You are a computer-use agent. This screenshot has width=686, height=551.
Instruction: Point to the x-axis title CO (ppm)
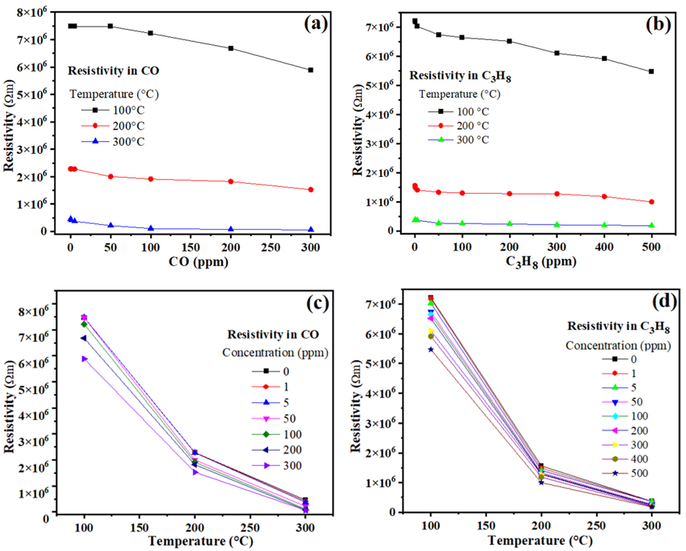[198, 262]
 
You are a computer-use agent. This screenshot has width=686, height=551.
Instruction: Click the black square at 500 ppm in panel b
[651, 72]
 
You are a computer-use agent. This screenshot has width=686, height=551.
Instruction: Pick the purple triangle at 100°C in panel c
[84, 359]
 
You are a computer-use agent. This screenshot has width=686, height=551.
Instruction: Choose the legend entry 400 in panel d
[639, 459]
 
